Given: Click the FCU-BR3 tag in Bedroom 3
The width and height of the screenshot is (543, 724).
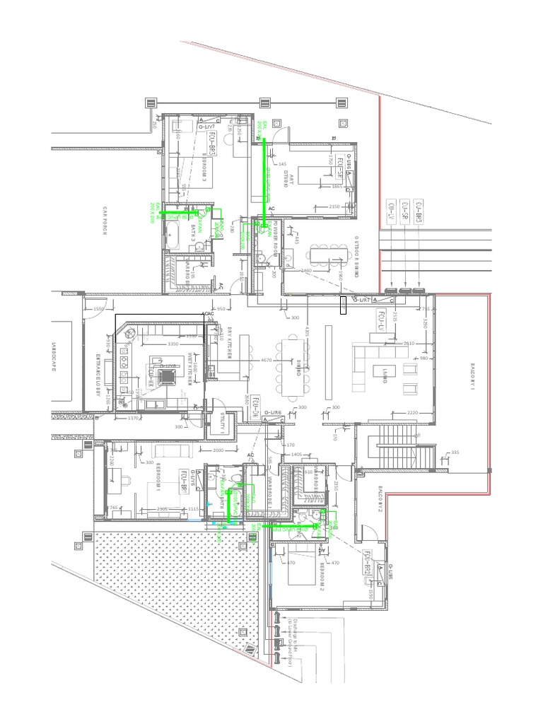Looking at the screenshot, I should click(211, 142).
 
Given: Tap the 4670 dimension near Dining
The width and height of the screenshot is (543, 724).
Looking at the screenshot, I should click(267, 361).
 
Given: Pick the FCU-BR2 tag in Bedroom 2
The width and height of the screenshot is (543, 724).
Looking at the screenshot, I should click(368, 562).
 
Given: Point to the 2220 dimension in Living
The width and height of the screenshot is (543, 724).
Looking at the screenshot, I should click(414, 412).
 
